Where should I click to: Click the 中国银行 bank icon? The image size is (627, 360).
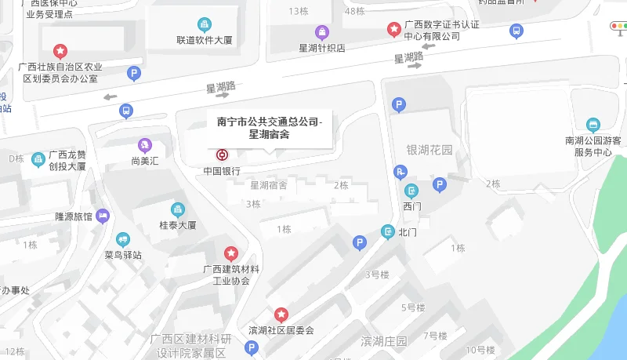223,155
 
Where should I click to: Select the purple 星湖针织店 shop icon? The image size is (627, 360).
322,32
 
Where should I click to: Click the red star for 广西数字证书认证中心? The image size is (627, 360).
394,30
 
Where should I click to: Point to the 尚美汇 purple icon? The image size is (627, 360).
144,145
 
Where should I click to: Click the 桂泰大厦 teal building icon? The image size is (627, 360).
177,209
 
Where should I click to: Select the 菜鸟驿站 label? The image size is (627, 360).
122,255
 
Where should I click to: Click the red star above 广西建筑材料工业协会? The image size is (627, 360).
231,253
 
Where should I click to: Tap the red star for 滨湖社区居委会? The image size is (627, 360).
281,315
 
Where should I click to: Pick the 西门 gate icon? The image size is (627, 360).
411,191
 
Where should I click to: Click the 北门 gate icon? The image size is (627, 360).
387,231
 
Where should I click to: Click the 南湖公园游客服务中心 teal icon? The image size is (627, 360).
593,125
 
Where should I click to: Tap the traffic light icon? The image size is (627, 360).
619,26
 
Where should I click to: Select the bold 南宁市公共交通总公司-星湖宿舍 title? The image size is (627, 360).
269,127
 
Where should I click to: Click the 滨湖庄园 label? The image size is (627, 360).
384,341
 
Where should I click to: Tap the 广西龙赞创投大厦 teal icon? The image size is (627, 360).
38,160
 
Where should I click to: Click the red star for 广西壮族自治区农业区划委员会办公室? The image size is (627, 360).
60,51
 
